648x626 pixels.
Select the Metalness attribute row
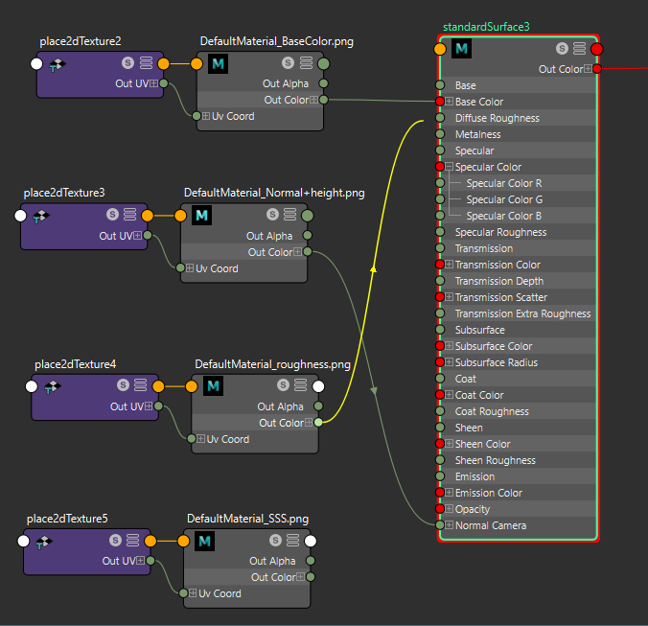point(477,134)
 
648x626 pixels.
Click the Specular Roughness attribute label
point(500,232)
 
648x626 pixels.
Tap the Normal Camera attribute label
point(490,525)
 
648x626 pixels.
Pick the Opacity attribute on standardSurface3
point(472,509)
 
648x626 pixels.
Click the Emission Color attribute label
point(488,493)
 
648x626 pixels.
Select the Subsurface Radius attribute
point(496,362)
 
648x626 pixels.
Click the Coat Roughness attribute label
point(492,411)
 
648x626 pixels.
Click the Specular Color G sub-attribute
point(504,199)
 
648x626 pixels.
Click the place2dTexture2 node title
point(81,42)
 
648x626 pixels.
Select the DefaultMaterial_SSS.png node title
point(247,519)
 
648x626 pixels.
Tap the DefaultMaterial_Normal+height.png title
point(274,193)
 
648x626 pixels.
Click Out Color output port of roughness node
point(319,423)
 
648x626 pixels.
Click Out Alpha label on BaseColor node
point(286,83)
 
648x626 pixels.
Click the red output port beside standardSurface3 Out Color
point(597,69)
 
